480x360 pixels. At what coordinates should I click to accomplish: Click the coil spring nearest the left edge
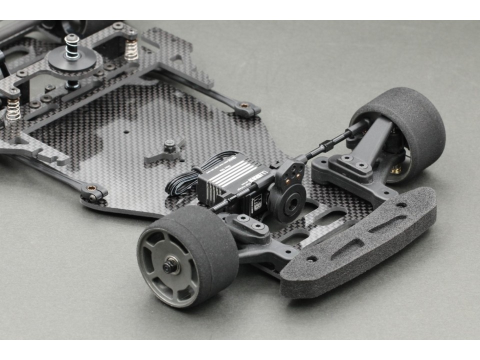[13, 108]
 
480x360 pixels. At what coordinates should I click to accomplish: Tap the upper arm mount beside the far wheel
[350, 165]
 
